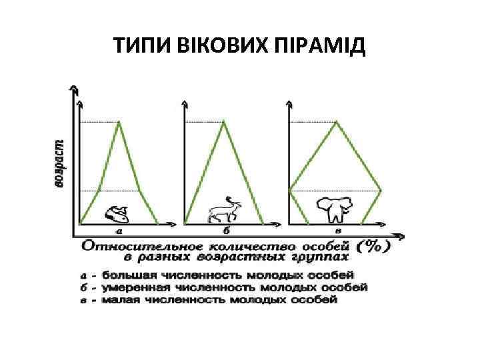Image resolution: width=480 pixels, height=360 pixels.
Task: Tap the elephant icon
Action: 335,209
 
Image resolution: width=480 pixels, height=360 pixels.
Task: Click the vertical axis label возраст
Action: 60,163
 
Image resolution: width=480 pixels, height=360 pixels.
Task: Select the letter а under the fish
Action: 119,231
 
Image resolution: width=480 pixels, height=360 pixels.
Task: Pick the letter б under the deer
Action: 227,231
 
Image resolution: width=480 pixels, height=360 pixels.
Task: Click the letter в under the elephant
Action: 337,231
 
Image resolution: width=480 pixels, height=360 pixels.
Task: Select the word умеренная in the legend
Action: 130,287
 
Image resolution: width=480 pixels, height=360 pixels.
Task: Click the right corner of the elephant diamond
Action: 381,191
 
